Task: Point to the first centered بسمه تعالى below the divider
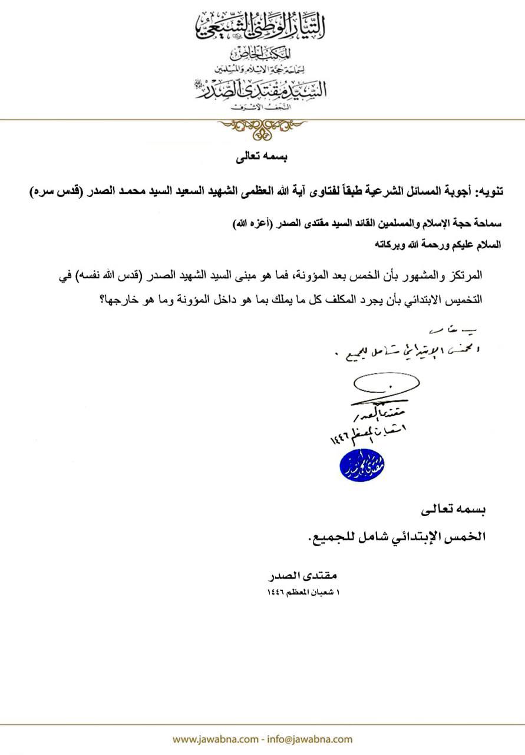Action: click(260, 157)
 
